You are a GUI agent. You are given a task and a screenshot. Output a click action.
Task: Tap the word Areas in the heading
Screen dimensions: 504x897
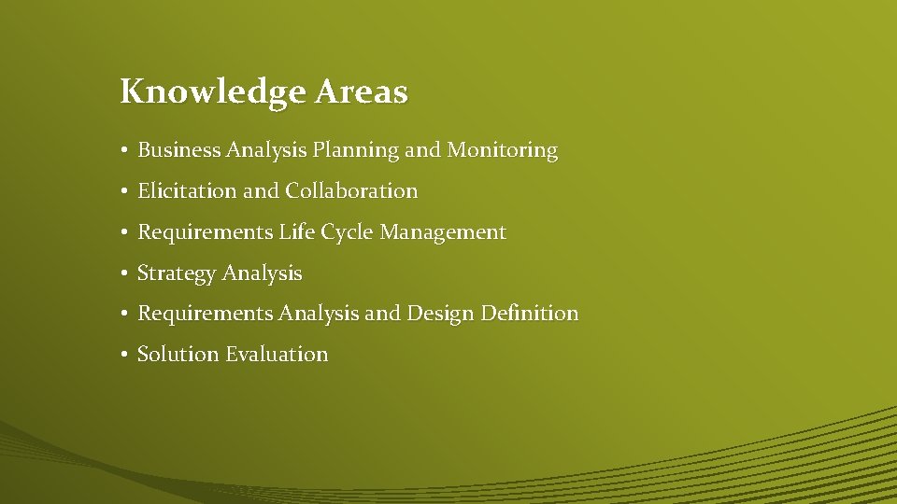362,91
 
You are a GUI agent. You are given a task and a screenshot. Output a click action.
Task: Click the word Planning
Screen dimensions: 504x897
355,150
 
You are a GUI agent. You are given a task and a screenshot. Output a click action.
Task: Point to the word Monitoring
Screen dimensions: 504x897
502,150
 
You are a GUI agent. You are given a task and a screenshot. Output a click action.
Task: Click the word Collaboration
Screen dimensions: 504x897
352,191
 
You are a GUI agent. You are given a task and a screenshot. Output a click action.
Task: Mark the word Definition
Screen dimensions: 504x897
530,314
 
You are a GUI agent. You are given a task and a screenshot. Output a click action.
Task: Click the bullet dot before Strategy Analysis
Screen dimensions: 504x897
124,273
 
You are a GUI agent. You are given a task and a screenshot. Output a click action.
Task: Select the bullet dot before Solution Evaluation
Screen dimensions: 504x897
124,355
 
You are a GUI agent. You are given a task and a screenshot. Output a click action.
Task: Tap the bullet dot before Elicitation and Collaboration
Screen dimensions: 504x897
124,191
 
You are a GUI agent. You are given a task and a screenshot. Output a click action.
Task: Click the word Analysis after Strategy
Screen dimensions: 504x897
263,274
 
